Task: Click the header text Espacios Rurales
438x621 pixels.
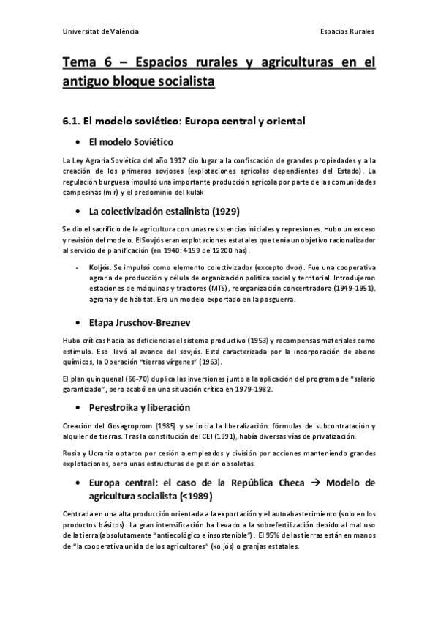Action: pyautogui.click(x=347, y=32)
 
